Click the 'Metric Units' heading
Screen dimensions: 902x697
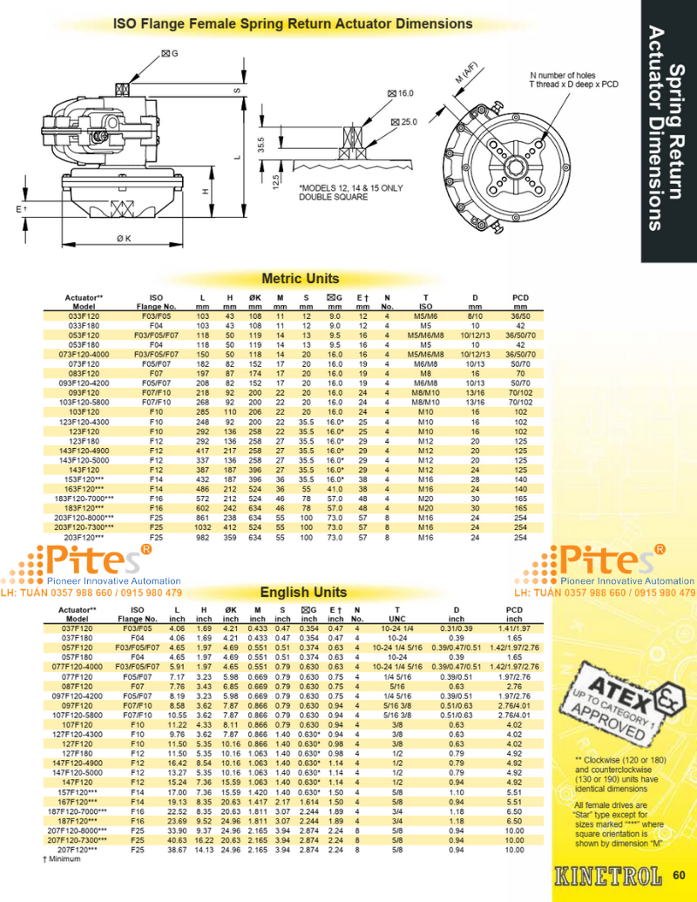click(301, 279)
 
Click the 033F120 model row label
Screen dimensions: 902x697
click(84, 315)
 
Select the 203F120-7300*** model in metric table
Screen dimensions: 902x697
click(84, 528)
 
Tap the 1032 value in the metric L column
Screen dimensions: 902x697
click(202, 528)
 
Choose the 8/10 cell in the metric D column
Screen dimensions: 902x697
click(476, 315)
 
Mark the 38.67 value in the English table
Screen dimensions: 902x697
click(178, 849)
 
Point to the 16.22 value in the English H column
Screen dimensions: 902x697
click(202, 840)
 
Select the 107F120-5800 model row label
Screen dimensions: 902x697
click(84, 715)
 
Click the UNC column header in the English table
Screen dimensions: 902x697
click(396, 619)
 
